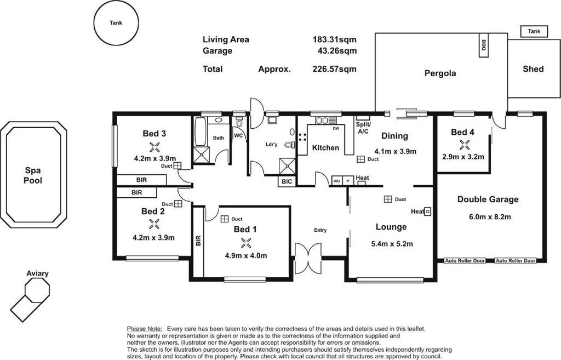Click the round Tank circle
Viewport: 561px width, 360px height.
(x=116, y=22)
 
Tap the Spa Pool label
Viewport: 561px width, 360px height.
(x=33, y=175)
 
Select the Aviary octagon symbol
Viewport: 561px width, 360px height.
(x=37, y=289)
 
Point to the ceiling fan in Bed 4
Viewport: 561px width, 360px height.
(x=465, y=145)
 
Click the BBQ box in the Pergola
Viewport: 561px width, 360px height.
(x=484, y=46)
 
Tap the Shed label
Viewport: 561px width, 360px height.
(x=533, y=69)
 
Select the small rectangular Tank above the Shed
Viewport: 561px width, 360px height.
(x=534, y=32)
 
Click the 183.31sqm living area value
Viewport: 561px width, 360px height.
(x=334, y=39)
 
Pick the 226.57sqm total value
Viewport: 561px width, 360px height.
(x=334, y=69)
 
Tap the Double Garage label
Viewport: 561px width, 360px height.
(x=488, y=199)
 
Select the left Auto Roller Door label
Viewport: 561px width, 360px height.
(x=465, y=261)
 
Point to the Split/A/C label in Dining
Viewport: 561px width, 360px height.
(x=363, y=128)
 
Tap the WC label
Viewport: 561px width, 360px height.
(x=238, y=135)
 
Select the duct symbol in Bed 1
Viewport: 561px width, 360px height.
(x=224, y=219)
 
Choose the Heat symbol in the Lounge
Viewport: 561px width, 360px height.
(x=428, y=211)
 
